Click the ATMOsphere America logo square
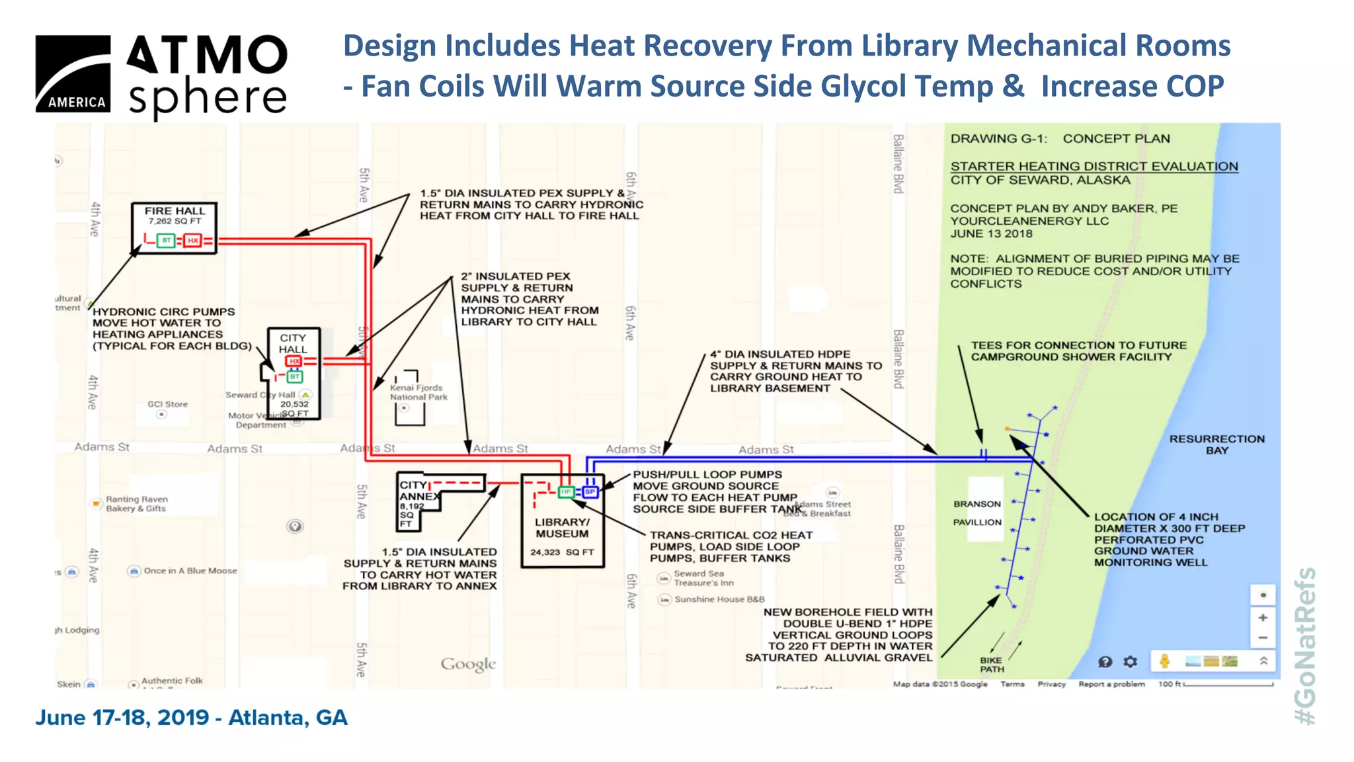coord(73,73)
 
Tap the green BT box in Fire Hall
coord(167,240)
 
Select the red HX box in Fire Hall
coord(192,240)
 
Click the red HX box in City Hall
coord(294,361)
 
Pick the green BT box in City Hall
coord(295,376)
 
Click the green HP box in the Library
coord(566,491)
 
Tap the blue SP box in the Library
coord(590,491)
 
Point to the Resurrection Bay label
coord(1216,444)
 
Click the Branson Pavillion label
coord(977,513)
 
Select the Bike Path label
coord(991,665)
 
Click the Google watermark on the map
coord(468,664)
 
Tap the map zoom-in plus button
coord(1263,617)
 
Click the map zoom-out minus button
coord(1263,638)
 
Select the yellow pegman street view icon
coord(1165,661)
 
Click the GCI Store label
coord(167,404)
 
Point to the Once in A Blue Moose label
coord(190,571)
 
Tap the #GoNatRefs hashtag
coord(1305,646)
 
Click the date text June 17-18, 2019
coord(122,718)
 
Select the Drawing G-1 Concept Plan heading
coord(1060,139)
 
